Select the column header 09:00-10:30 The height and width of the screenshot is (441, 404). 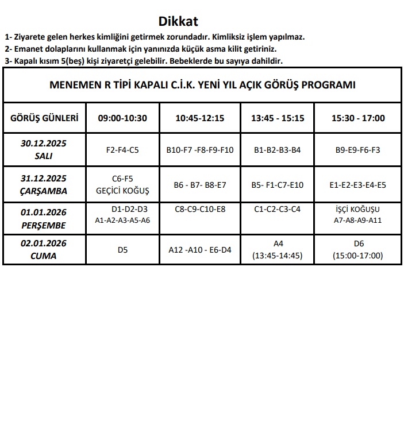point(122,118)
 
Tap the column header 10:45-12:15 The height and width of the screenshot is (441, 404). point(199,118)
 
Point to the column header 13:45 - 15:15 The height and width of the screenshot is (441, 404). point(278,118)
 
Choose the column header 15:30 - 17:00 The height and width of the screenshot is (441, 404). point(358,118)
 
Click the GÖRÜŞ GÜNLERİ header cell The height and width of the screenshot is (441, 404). point(44,118)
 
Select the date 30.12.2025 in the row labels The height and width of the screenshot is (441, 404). point(44,144)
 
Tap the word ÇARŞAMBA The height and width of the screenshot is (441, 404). point(44,191)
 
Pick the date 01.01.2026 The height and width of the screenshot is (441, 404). point(44,212)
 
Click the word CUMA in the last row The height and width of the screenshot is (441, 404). point(44,256)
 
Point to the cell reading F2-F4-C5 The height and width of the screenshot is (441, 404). point(122,150)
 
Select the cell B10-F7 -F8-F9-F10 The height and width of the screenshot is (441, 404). point(199,150)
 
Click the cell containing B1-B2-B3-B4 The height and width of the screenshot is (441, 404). point(278,150)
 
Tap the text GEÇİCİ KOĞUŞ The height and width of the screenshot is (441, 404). point(122,191)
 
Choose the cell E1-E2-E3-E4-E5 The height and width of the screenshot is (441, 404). point(358,185)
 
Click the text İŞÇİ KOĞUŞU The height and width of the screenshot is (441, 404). point(358,210)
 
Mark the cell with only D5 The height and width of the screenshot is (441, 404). point(122,250)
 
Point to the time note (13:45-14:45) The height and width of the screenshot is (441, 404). point(278,256)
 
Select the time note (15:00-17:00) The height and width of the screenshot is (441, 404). point(358,256)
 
